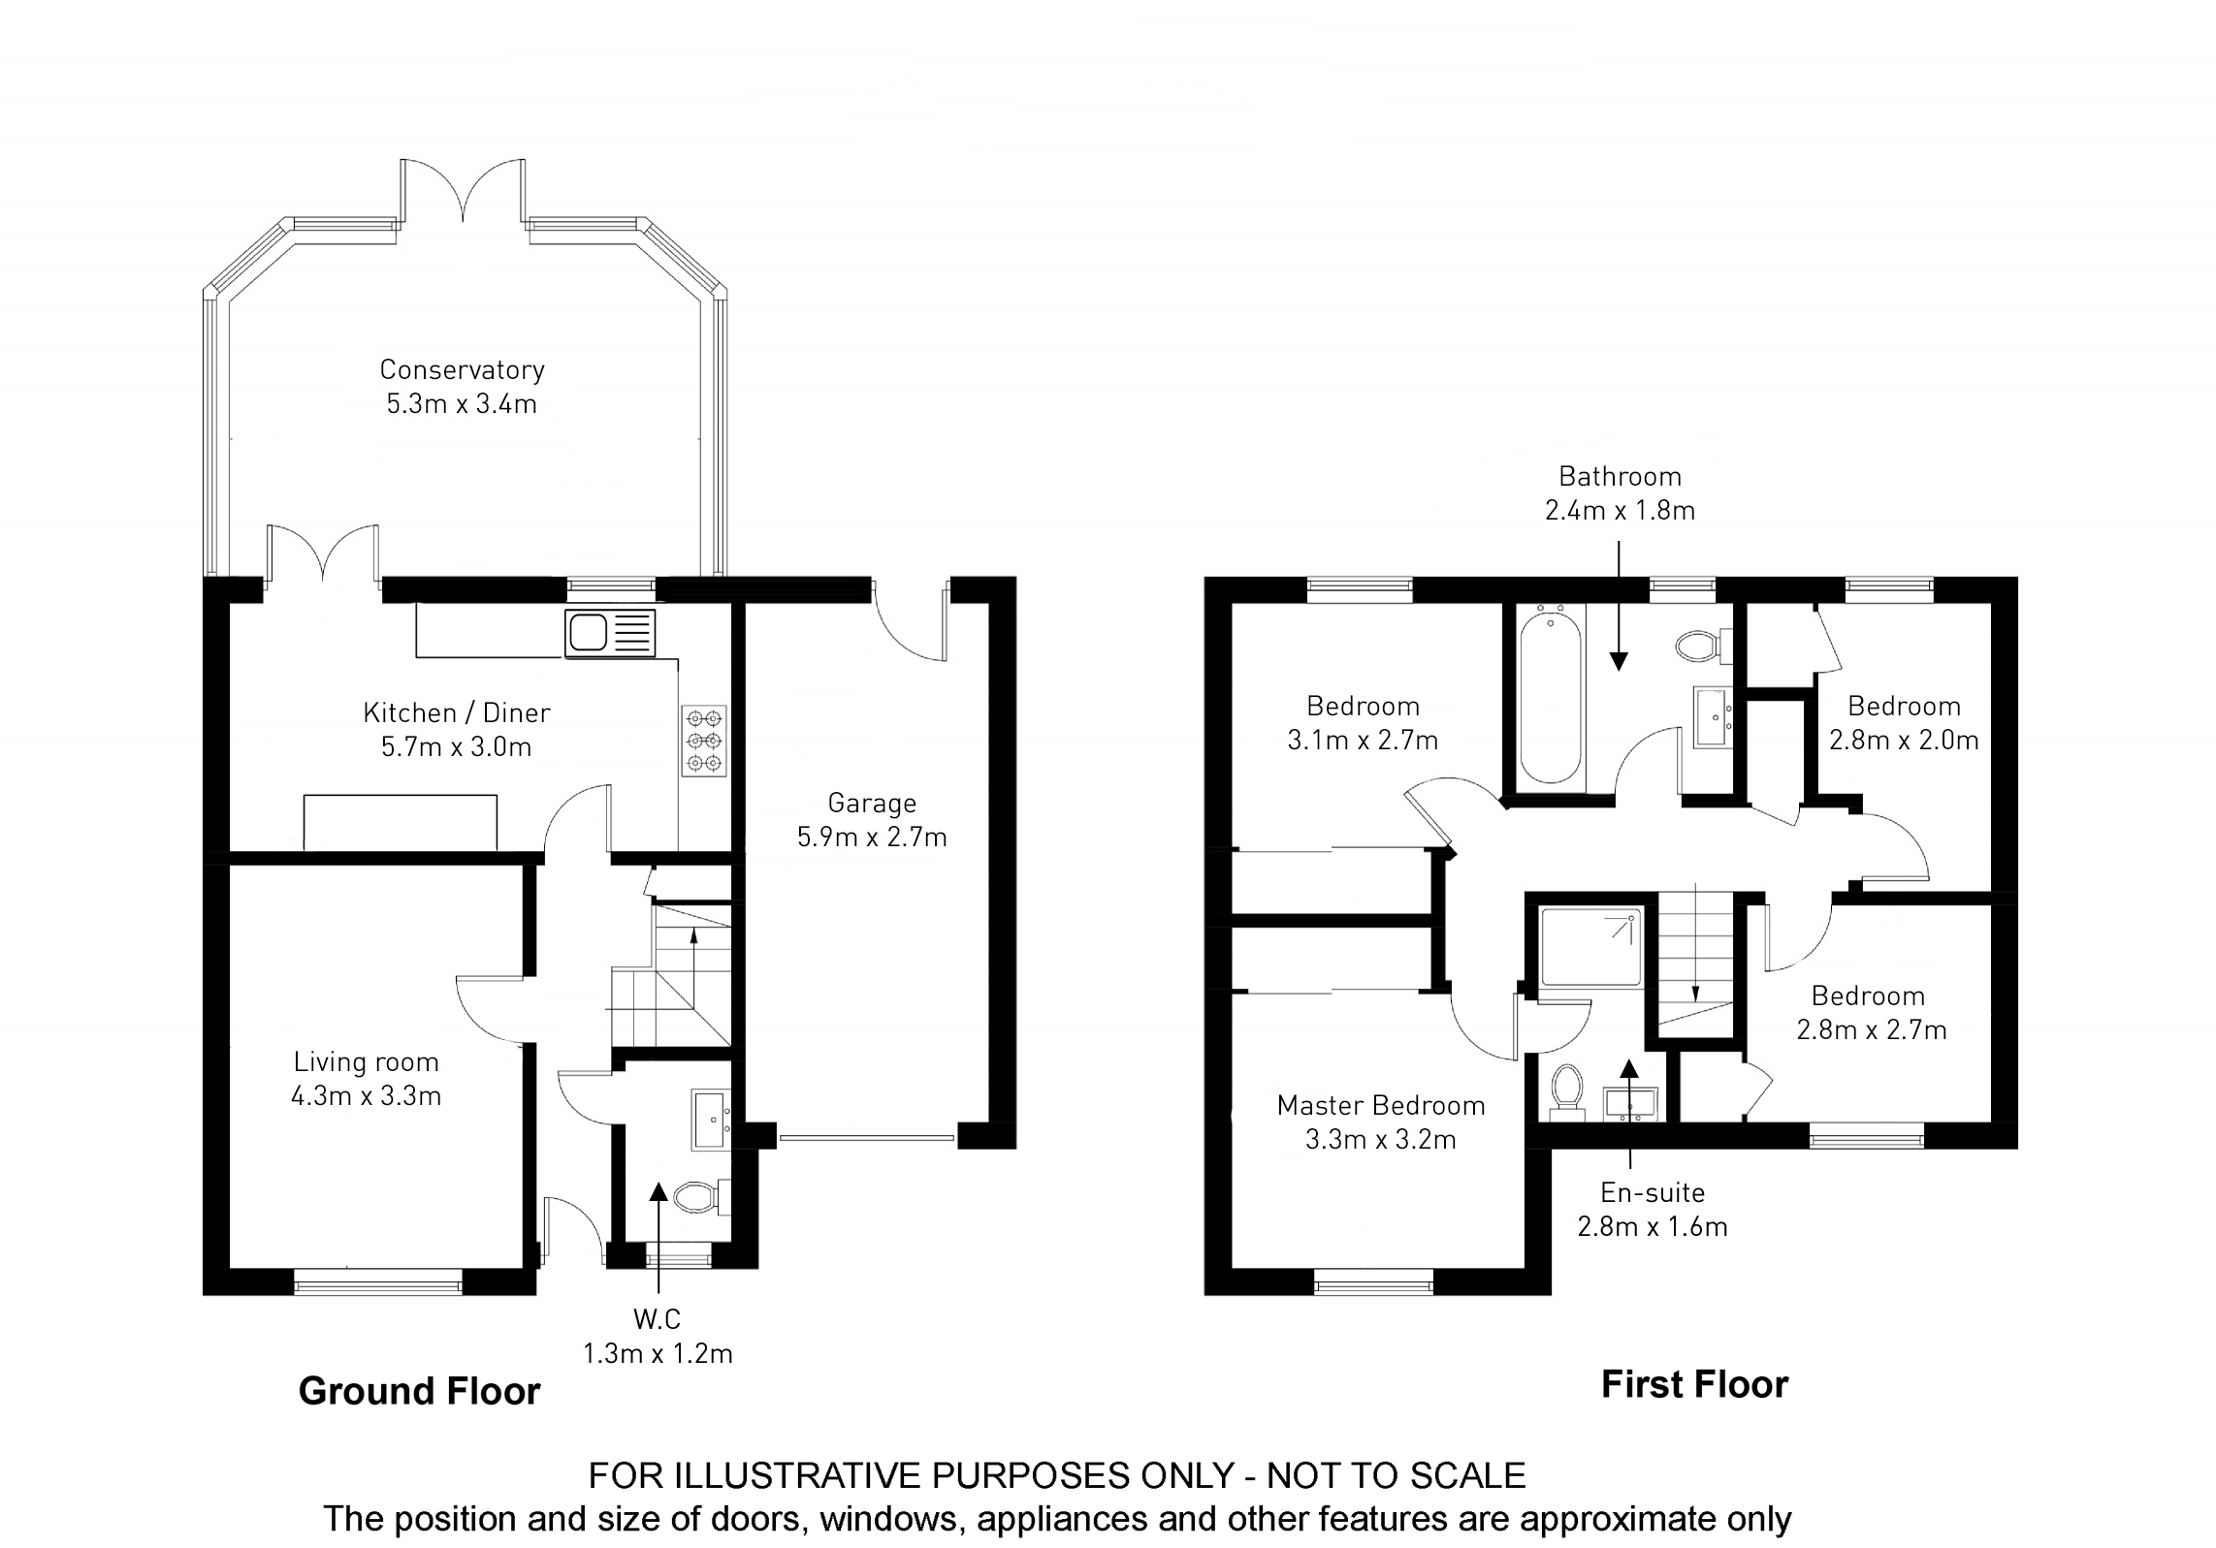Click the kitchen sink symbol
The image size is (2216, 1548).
(610, 633)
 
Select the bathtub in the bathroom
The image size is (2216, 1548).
(1550, 696)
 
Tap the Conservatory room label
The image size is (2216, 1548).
(462, 369)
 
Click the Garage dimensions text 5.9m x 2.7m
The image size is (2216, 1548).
(872, 837)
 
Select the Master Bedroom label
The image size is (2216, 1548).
(1381, 1105)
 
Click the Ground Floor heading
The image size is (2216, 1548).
(419, 1391)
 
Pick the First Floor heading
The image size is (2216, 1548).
(1694, 1384)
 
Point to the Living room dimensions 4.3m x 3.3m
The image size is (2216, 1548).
(366, 1096)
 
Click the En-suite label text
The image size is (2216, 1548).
(1653, 1192)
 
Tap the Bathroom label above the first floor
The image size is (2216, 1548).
(1620, 476)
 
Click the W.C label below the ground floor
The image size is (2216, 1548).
(657, 1318)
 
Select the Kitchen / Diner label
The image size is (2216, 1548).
(456, 712)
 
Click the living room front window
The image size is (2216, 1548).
(377, 1284)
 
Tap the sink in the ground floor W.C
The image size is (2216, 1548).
(711, 1121)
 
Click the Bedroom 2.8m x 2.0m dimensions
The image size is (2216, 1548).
(1904, 740)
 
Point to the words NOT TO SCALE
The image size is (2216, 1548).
(1397, 1475)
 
